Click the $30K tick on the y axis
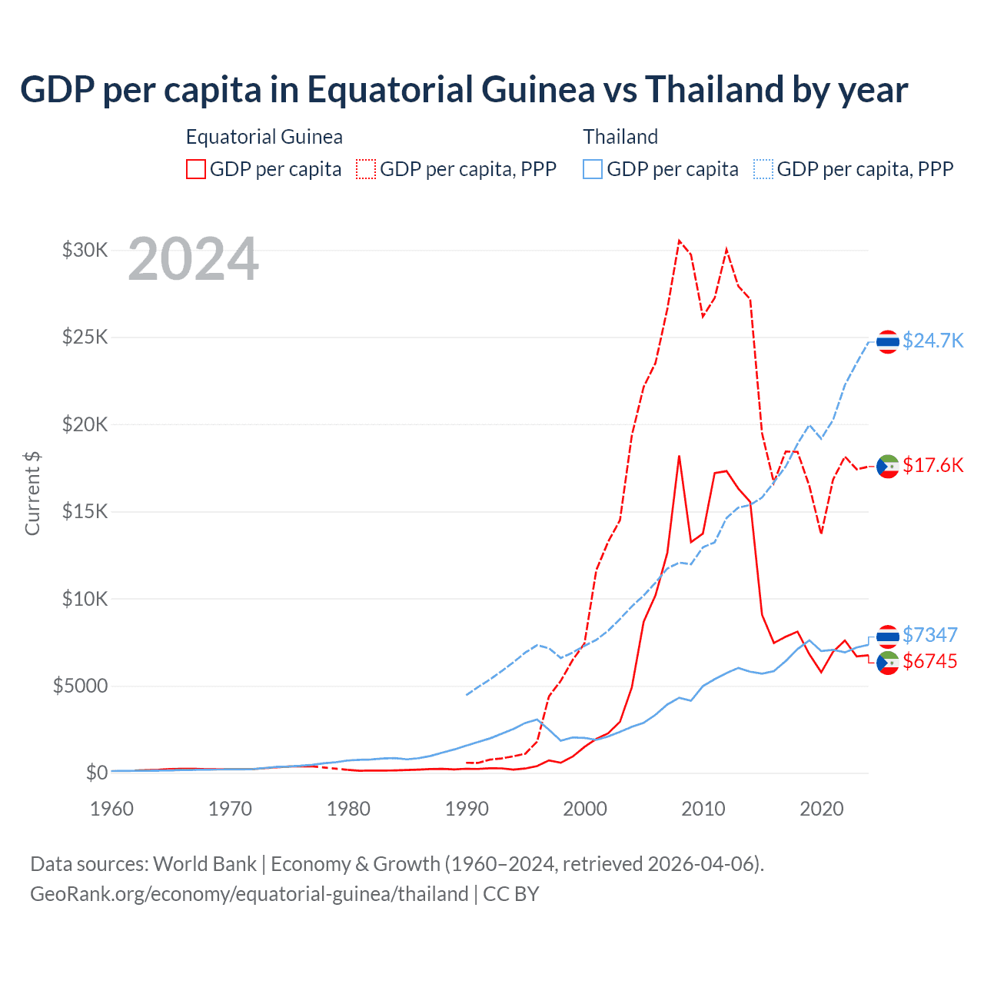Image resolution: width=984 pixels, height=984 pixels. pyautogui.click(x=85, y=250)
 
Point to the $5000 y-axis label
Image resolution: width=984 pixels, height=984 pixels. pyautogui.click(x=80, y=686)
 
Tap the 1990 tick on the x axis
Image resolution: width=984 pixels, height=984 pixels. pyautogui.click(x=467, y=809)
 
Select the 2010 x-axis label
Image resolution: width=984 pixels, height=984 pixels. pyautogui.click(x=703, y=809)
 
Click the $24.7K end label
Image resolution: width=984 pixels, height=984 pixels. pyautogui.click(x=932, y=341)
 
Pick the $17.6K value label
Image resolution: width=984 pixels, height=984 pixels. pyautogui.click(x=932, y=465)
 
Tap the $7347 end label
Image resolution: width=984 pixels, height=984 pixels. pyautogui.click(x=929, y=635)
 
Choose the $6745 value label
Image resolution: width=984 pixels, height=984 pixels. pyautogui.click(x=929, y=661)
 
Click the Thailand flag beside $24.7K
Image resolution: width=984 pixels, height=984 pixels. pyautogui.click(x=888, y=341)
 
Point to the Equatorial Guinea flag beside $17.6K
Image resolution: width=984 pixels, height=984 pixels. pyautogui.click(x=888, y=466)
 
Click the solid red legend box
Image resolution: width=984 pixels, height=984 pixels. pyautogui.click(x=196, y=169)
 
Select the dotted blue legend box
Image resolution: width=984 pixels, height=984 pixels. pyautogui.click(x=763, y=169)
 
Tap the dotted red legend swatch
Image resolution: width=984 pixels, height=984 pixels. pyautogui.click(x=366, y=169)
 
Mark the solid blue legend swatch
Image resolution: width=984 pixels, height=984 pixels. pyautogui.click(x=593, y=169)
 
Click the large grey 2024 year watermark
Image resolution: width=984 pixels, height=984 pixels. pyautogui.click(x=193, y=259)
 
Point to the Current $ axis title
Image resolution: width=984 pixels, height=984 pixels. pyautogui.click(x=32, y=493)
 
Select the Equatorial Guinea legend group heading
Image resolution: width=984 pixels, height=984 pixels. pyautogui.click(x=264, y=137)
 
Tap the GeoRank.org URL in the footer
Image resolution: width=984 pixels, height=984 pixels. pyautogui.click(x=249, y=894)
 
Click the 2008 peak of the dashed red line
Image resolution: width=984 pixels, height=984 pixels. pyautogui.click(x=679, y=241)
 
